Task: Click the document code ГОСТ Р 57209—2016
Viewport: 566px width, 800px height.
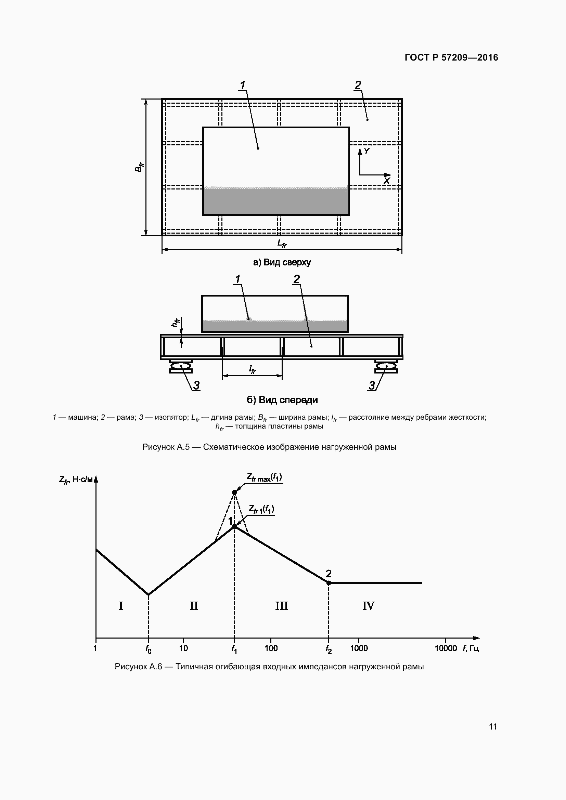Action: click(x=451, y=57)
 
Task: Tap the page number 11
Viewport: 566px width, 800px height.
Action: click(x=493, y=726)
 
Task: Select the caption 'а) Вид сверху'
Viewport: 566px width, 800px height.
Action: click(x=282, y=262)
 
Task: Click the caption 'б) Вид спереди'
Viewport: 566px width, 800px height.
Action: click(x=282, y=400)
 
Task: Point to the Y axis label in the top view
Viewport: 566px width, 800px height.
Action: click(x=366, y=151)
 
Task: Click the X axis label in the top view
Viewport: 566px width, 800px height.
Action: click(x=386, y=181)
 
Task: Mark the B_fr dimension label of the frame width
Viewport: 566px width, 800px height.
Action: click(x=139, y=167)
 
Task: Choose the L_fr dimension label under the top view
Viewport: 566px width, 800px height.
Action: click(x=282, y=243)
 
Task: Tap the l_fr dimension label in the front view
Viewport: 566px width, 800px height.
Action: click(x=252, y=369)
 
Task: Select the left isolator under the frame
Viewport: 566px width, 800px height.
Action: click(x=181, y=367)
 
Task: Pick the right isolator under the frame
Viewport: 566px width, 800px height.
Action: click(x=386, y=367)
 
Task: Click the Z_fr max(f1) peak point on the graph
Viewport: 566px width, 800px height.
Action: click(x=234, y=492)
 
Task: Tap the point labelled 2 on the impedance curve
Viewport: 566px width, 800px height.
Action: click(x=328, y=583)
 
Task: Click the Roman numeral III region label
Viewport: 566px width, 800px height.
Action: click(x=282, y=606)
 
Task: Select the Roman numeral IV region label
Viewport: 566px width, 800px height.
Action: click(x=369, y=606)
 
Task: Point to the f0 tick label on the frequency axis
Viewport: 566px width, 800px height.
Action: click(x=149, y=649)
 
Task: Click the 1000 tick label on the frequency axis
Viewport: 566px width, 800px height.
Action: click(x=359, y=648)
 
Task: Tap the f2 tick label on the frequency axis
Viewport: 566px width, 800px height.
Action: click(x=329, y=649)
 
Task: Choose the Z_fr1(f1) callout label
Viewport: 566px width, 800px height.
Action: click(x=261, y=510)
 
